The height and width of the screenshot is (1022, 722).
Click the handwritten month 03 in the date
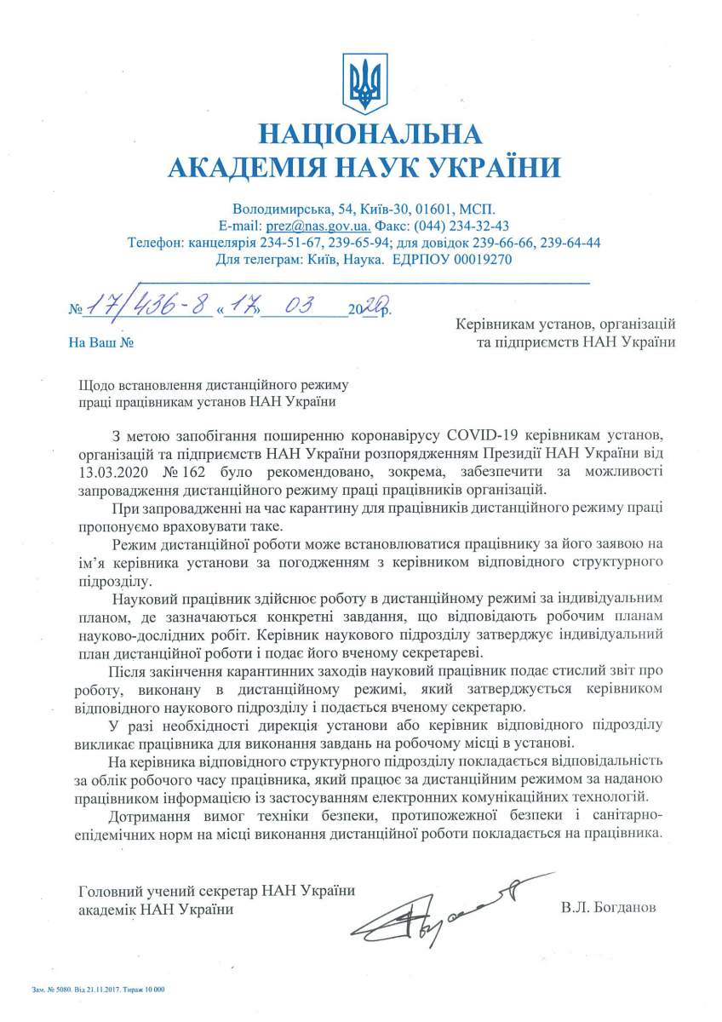300,307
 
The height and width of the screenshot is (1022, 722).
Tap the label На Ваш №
101,343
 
